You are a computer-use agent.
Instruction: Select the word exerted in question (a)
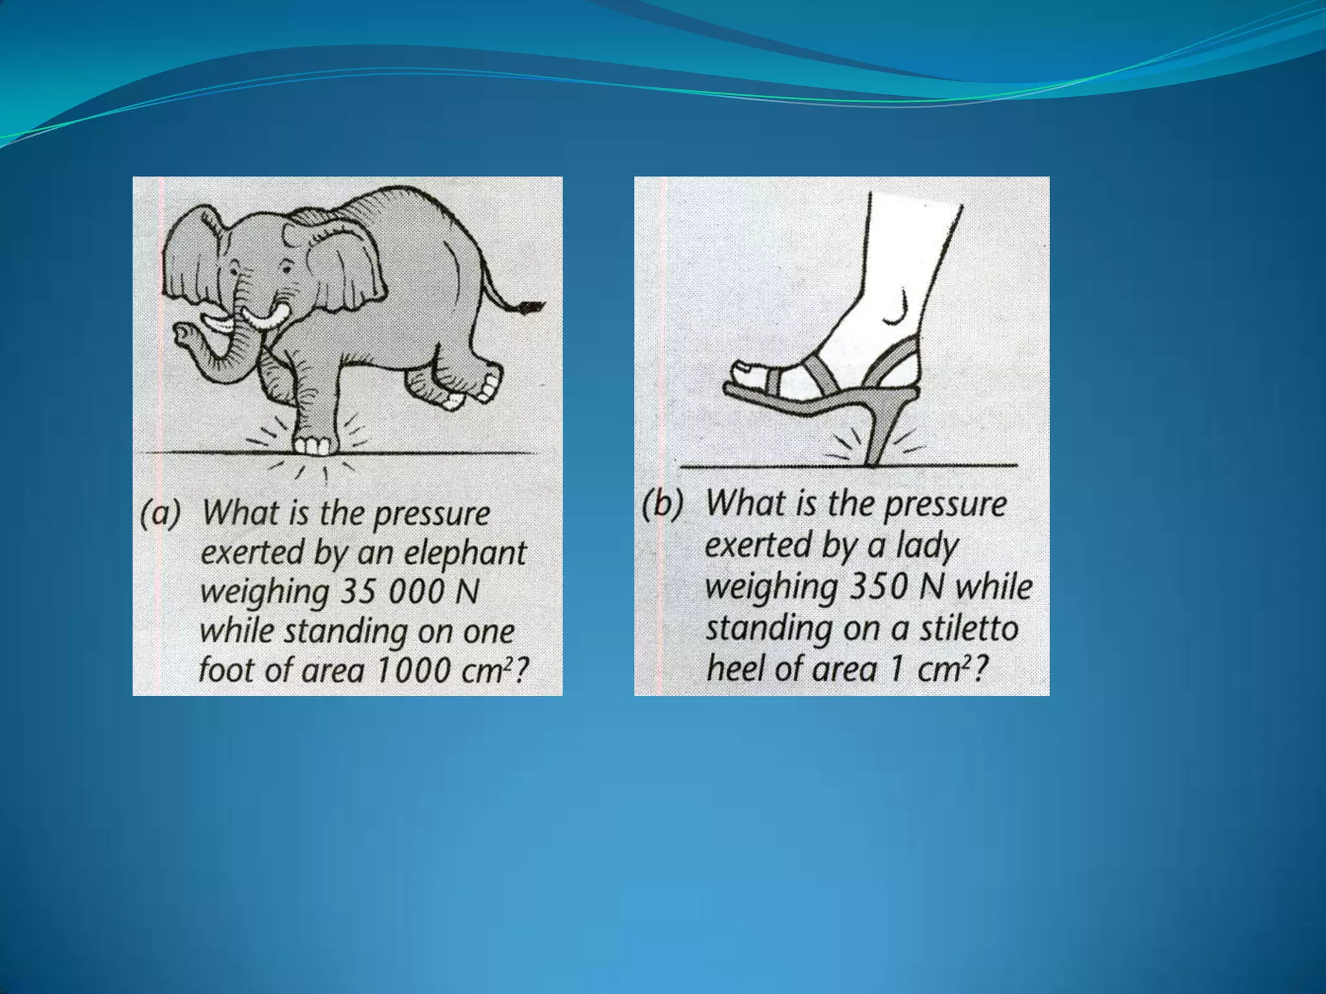252,553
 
